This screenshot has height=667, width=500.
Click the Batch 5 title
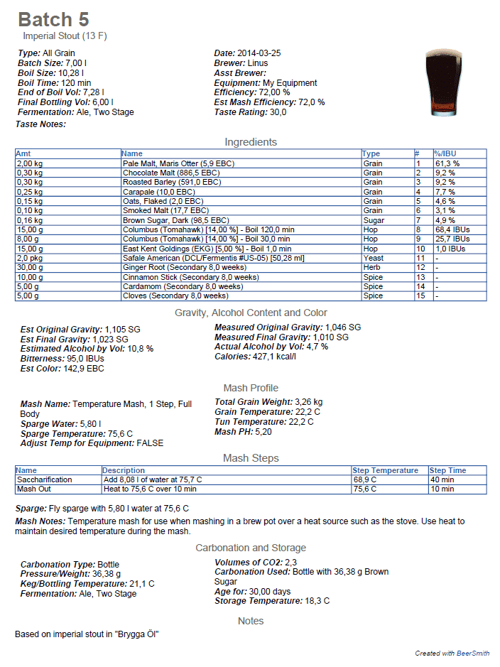[53, 19]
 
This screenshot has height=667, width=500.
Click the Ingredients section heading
[251, 142]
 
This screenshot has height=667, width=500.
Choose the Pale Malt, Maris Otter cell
[178, 163]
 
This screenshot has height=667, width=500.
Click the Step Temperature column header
[386, 470]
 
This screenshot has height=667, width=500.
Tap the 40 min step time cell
[442, 479]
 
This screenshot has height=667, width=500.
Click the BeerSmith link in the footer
[473, 654]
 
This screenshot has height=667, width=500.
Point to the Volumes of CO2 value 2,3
[290, 563]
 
